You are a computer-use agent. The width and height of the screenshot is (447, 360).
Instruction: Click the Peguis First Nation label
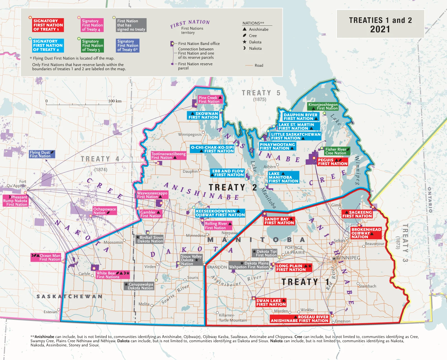[x=332, y=162]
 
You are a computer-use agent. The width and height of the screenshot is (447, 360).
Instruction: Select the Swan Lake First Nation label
[x=271, y=302]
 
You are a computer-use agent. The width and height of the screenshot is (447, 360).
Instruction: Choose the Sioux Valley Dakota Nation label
[x=191, y=260]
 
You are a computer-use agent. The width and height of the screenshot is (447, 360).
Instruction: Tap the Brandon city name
[x=217, y=267]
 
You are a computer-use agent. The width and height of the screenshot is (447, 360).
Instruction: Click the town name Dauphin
[x=190, y=171]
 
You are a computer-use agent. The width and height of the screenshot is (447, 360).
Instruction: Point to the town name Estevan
[x=50, y=312]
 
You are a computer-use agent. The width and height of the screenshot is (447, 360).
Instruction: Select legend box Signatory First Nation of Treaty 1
[x=48, y=25]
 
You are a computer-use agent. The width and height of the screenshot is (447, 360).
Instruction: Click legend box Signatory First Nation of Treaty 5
[x=93, y=46]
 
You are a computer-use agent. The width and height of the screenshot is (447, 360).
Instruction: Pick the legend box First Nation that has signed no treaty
[x=131, y=25]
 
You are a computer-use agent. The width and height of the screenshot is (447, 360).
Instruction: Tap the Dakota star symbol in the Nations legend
[x=244, y=42]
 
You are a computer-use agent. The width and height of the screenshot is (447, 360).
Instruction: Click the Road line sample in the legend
[x=249, y=65]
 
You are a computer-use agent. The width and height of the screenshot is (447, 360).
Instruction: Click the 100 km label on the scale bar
[x=115, y=101]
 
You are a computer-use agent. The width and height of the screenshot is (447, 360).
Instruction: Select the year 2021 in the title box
[x=380, y=29]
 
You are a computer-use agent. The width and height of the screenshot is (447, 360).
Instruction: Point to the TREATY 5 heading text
[x=261, y=93]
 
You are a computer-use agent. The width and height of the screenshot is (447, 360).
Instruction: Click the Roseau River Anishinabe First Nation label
[x=299, y=319]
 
